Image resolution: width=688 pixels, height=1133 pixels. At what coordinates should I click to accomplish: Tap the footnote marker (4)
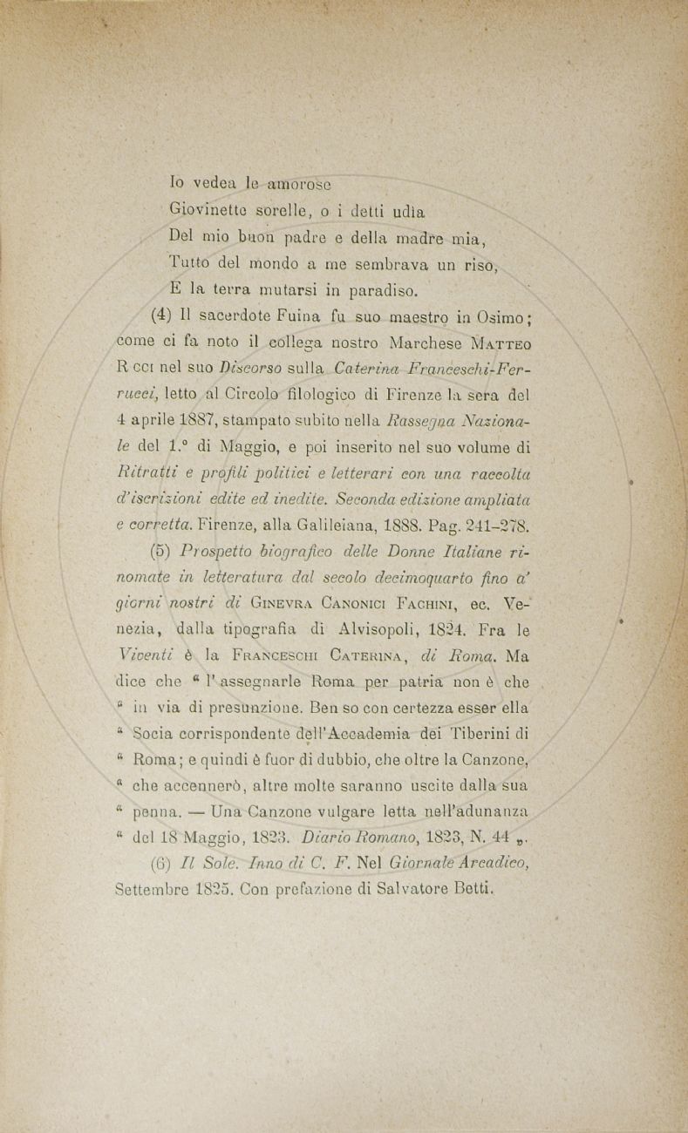(162, 315)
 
